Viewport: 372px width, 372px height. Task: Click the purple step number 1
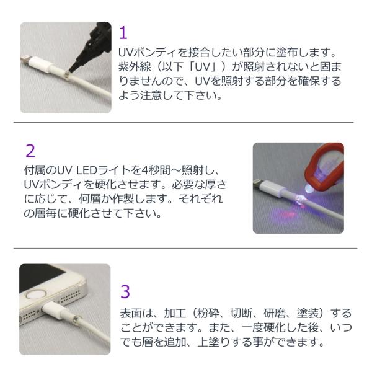(123, 33)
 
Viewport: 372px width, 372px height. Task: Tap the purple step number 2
(30, 151)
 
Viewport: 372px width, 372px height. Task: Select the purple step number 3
(125, 291)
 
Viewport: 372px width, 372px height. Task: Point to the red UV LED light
(324, 166)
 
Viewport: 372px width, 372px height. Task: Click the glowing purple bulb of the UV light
(308, 188)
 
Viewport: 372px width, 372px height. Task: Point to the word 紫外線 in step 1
(135, 67)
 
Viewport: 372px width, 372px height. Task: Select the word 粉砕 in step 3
(209, 313)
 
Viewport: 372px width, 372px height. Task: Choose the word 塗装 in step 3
(308, 313)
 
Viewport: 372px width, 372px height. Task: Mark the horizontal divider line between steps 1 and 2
(184, 122)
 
